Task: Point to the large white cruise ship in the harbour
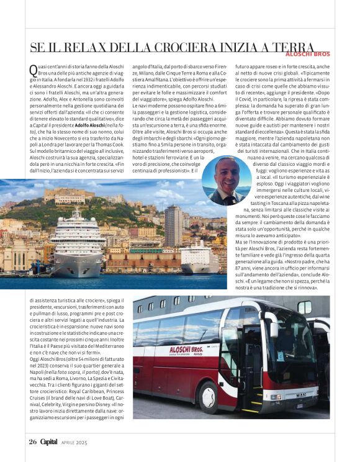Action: pyautogui.click(x=78, y=247)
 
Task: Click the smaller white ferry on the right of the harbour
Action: pyautogui.click(x=199, y=258)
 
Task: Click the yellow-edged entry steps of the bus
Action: pyautogui.click(x=251, y=401)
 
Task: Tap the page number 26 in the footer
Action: pyautogui.click(x=33, y=442)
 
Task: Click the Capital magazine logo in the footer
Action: pyautogui.click(x=49, y=442)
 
